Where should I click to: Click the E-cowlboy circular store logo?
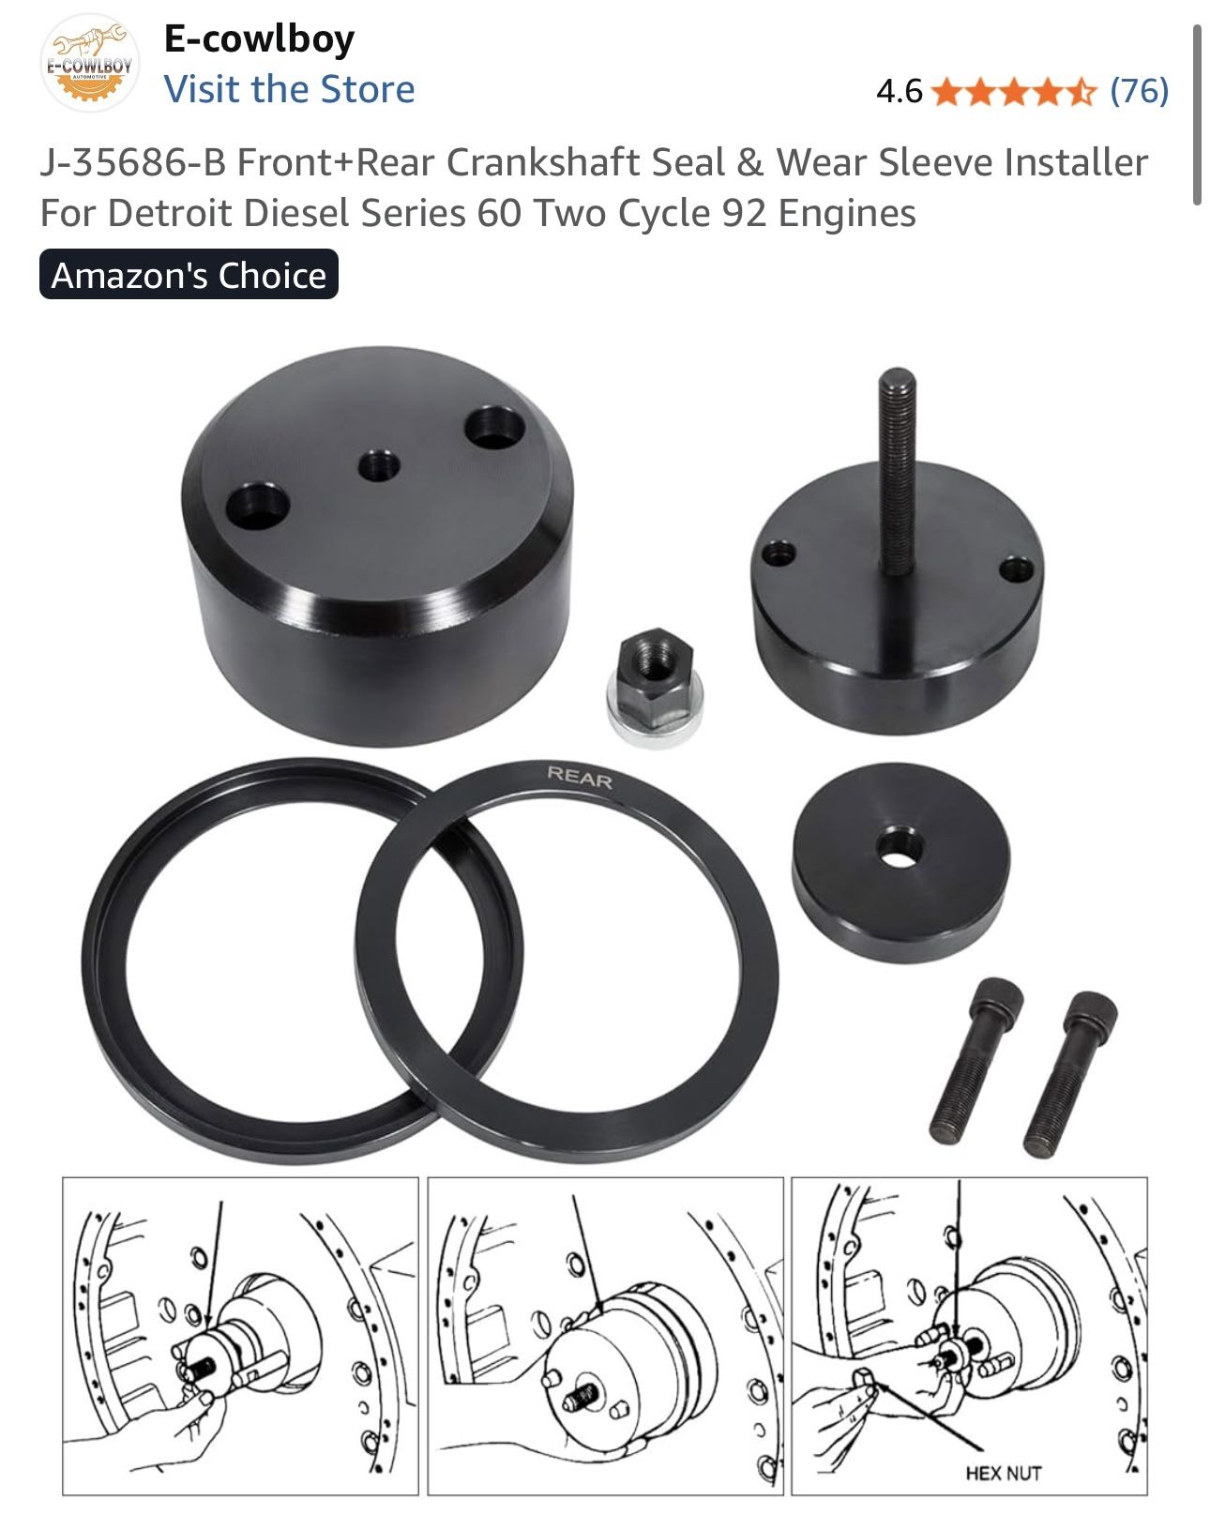pos(89,63)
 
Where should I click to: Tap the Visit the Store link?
pos(289,89)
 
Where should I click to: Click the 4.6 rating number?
pos(900,91)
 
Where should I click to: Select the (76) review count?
pos(1140,91)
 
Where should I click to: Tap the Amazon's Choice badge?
pos(189,275)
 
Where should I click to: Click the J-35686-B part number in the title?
pos(133,162)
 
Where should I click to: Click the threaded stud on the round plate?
pos(898,471)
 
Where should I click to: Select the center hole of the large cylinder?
pos(379,465)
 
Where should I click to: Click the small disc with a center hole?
pos(900,862)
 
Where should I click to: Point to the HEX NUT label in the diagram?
pos(1003,1474)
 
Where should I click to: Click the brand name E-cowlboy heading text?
pos(260,38)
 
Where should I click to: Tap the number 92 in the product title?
pos(744,213)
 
